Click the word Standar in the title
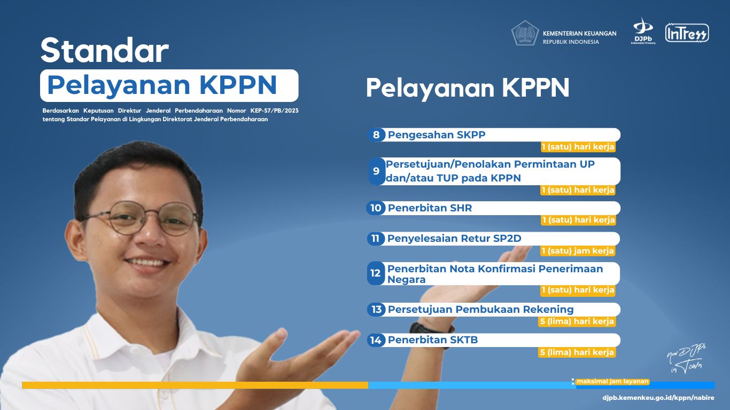[105, 50]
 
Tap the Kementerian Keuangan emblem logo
[525, 33]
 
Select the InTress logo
[687, 33]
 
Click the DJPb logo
[643, 31]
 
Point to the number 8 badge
[376, 135]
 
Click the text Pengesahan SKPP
[437, 135]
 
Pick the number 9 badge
[376, 171]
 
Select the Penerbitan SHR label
[430, 208]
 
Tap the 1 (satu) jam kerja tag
[578, 251]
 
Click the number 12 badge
[376, 273]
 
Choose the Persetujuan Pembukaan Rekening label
[480, 310]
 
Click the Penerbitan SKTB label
[433, 340]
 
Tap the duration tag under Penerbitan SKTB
[577, 352]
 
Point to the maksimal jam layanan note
[612, 381]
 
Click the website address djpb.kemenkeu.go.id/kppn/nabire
[658, 398]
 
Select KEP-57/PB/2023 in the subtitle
[274, 111]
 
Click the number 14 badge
[376, 340]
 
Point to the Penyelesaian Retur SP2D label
[454, 239]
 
